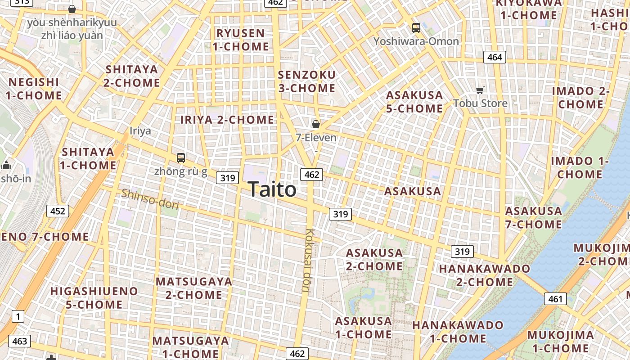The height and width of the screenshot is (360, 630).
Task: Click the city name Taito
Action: coord(272,189)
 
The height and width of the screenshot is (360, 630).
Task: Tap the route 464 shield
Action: coord(495,57)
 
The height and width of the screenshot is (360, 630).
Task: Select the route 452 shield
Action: coord(58,211)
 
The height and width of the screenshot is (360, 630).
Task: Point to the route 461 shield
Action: coord(555,298)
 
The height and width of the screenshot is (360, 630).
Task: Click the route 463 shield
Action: coord(19,341)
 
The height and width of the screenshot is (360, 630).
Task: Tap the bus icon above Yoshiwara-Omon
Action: coord(416,28)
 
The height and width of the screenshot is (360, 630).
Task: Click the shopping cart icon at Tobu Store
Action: coord(480,90)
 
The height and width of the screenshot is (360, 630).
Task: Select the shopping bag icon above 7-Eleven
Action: coord(316,124)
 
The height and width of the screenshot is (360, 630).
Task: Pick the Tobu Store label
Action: coord(480,103)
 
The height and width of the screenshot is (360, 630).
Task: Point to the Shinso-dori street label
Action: coord(150,199)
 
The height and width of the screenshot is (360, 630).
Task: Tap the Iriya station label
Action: coord(140,131)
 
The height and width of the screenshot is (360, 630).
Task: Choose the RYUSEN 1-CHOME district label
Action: coord(241,40)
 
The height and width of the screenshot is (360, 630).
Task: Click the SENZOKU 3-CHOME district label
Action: coord(307,81)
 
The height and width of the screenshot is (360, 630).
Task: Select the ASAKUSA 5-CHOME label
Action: coord(414,102)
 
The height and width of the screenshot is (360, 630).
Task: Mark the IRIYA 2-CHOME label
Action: coord(227,120)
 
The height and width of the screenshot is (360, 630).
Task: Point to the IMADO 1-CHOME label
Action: coord(580,167)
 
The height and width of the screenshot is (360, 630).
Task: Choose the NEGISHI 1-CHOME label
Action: coord(35,89)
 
